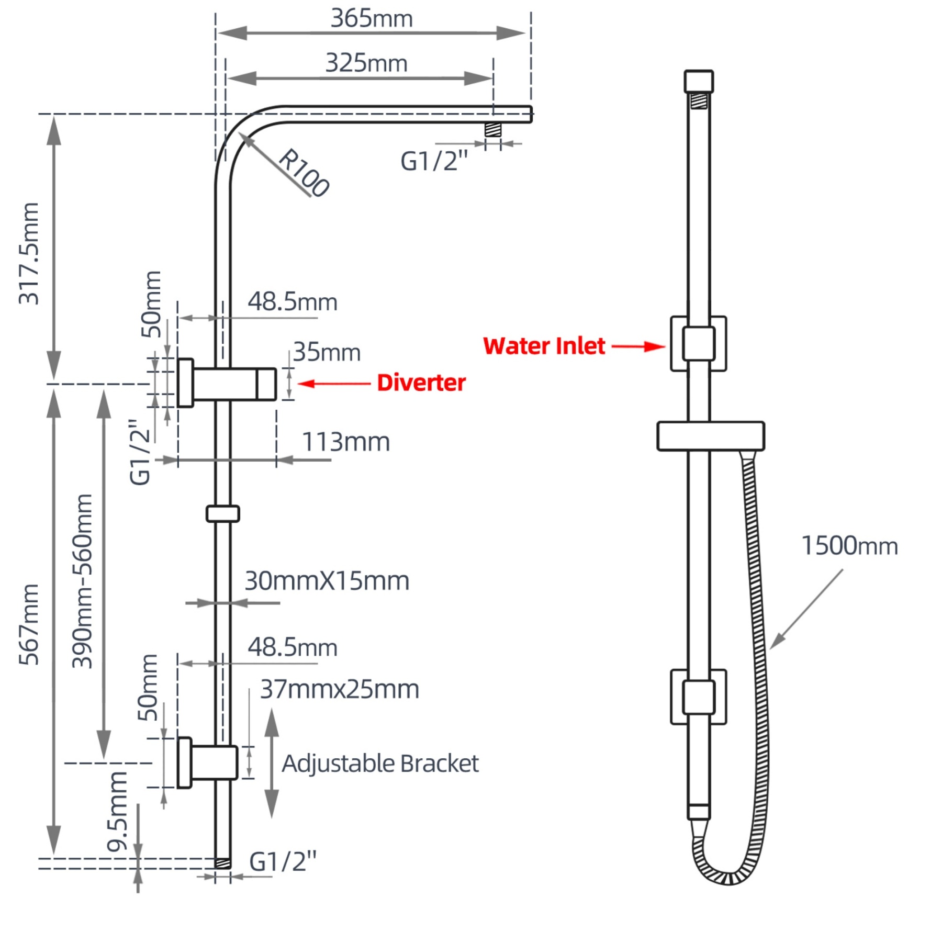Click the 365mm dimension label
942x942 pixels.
(x=372, y=18)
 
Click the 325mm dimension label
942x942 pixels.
(x=366, y=63)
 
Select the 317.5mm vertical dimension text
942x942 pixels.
(x=29, y=253)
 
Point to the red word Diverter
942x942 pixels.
(x=421, y=383)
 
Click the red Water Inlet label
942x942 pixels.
(x=544, y=346)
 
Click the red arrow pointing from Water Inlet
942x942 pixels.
(x=638, y=346)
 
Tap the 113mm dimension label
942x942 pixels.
(x=346, y=442)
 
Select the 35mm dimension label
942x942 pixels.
(x=327, y=352)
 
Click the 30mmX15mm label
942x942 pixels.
(x=327, y=581)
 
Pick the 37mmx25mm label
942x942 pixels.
(x=340, y=689)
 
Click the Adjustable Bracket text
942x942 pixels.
(x=380, y=764)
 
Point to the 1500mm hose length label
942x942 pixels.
(x=849, y=546)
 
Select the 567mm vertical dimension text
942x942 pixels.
(x=29, y=624)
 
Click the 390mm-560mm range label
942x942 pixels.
(x=83, y=581)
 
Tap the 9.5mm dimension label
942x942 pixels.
(x=117, y=811)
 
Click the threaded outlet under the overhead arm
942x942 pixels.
(x=492, y=129)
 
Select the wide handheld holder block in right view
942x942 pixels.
(x=710, y=436)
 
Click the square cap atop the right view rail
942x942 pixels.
(x=698, y=82)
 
